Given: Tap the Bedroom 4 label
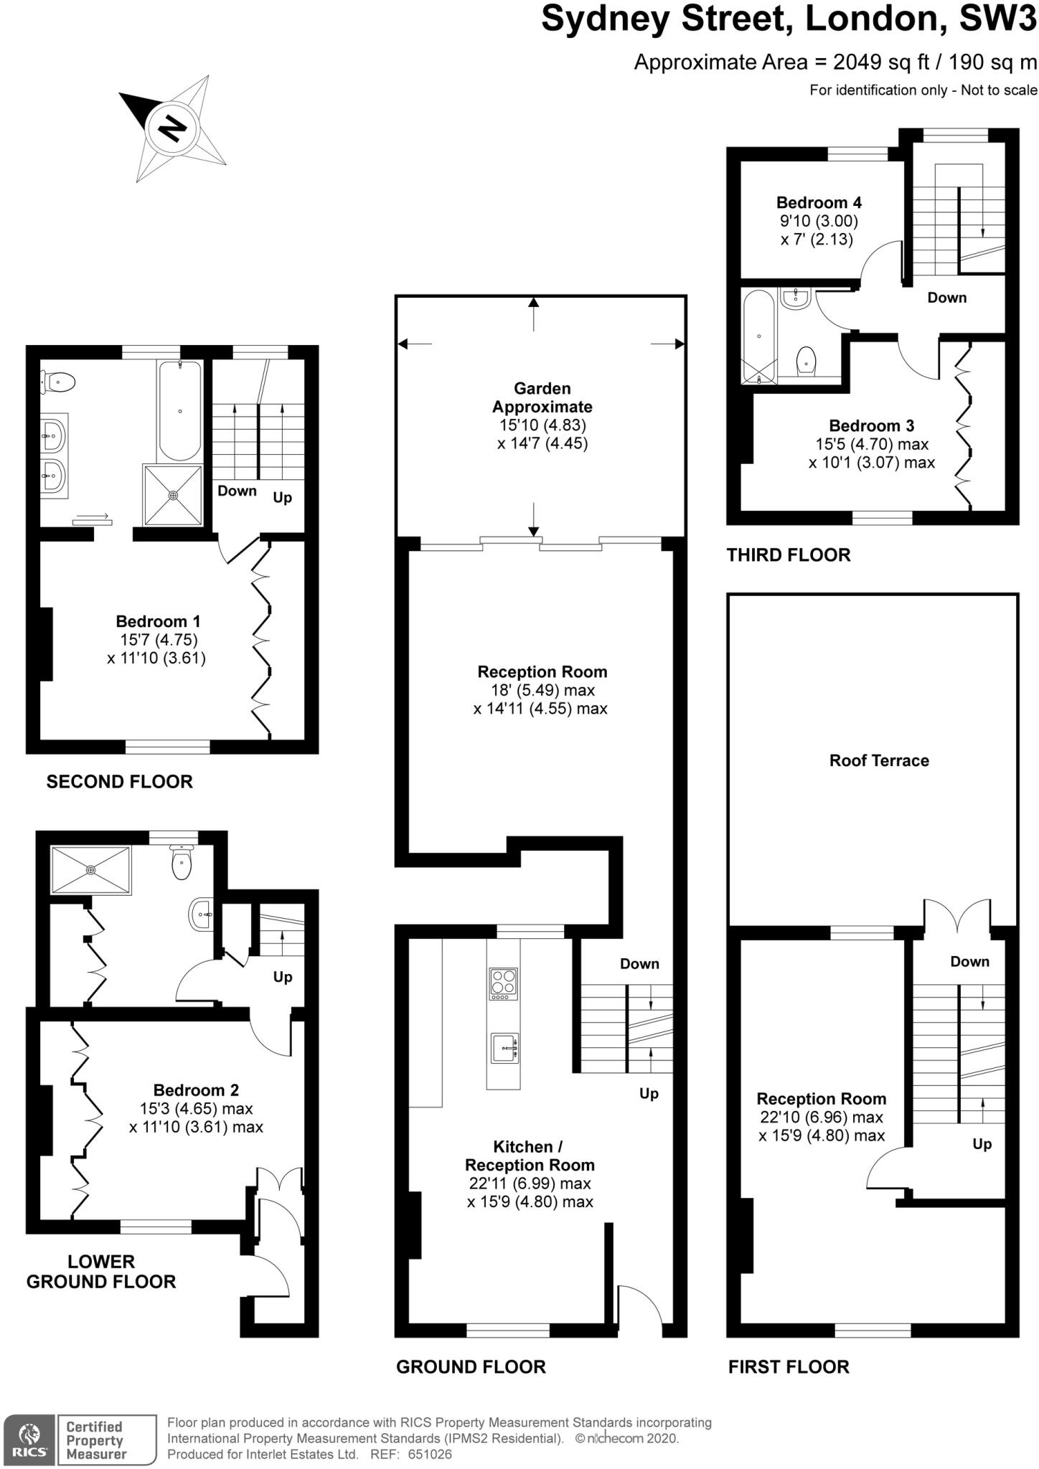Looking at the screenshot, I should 818,203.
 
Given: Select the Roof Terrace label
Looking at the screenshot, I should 879,761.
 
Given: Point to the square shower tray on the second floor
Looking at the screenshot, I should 173,494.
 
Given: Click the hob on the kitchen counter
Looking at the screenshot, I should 503,984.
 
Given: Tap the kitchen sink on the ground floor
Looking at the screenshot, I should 504,1049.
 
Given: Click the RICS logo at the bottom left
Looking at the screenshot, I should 29,1439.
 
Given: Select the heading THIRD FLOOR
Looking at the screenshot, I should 789,555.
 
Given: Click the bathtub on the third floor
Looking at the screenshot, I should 758,336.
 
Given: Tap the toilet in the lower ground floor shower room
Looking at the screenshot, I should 182,862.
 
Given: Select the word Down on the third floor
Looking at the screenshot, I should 946,298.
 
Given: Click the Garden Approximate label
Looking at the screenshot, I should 542,397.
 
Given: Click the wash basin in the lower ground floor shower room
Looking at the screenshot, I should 200,914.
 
